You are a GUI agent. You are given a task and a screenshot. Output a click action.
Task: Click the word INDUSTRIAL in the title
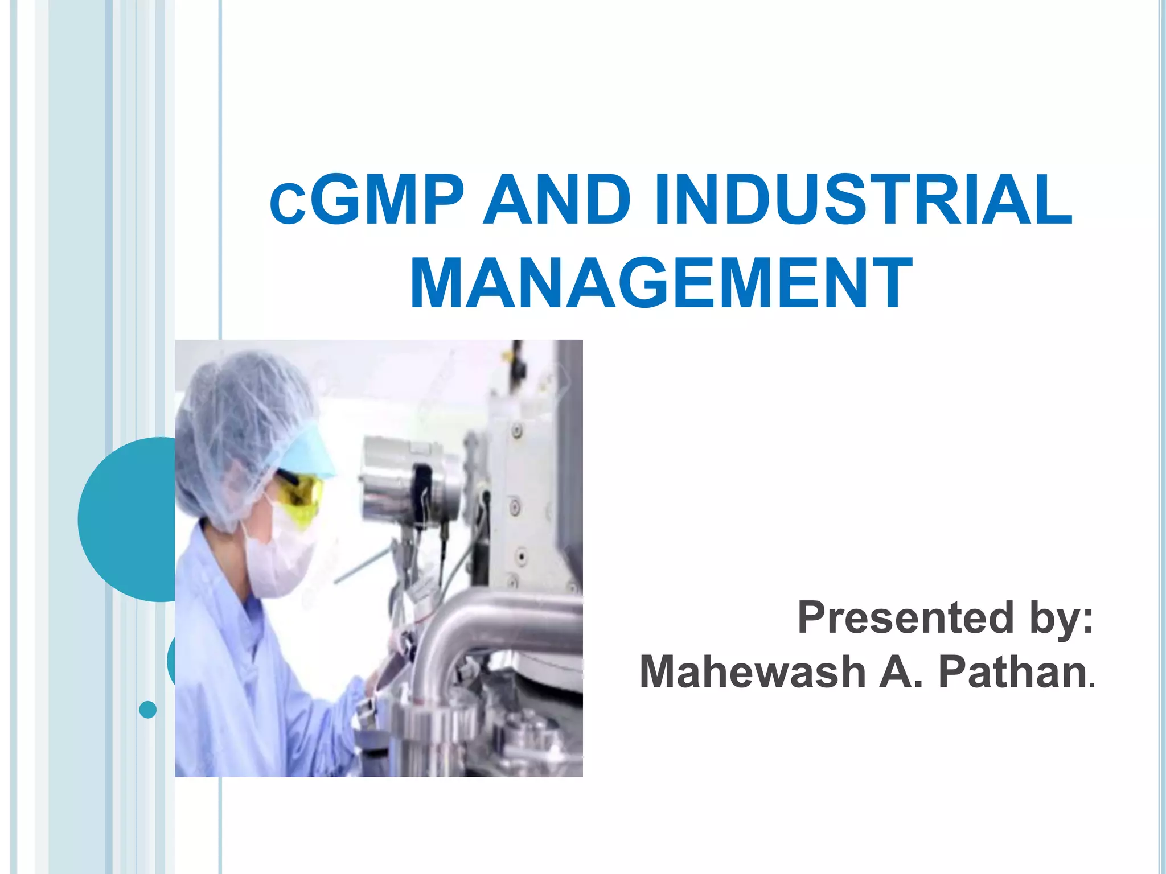point(863,200)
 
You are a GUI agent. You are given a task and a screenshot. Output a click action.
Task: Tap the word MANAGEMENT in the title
point(662,283)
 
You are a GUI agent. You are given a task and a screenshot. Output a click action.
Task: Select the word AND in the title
point(556,200)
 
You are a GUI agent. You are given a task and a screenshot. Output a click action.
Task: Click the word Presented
point(905,617)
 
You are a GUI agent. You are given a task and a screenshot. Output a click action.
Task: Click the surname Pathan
point(1012,672)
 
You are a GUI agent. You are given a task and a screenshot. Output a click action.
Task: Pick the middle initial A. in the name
point(901,672)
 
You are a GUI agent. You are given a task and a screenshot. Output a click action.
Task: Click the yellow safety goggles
point(302,490)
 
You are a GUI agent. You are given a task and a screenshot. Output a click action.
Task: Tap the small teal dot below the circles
point(147,710)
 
